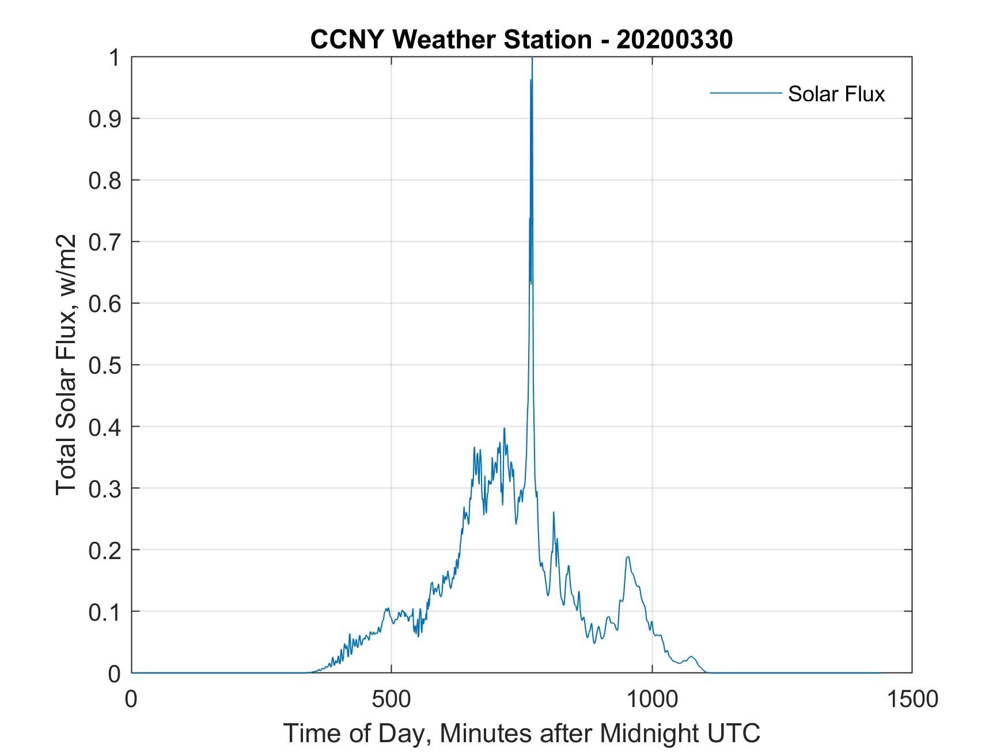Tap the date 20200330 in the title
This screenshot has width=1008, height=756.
(674, 40)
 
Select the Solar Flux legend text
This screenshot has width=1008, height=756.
(836, 94)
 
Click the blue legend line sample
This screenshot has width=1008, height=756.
(745, 93)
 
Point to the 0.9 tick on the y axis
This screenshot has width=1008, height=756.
(107, 119)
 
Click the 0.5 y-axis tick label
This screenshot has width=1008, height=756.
(107, 366)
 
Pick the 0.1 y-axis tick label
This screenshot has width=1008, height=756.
(107, 612)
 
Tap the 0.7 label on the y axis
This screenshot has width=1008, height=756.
(107, 242)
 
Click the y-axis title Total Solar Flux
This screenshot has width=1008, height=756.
(67, 364)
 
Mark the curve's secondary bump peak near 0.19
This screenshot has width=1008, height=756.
(627, 557)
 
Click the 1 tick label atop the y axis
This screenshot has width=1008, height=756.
(115, 58)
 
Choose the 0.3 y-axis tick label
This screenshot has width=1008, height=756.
(107, 489)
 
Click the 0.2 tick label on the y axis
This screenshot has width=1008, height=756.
(107, 550)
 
